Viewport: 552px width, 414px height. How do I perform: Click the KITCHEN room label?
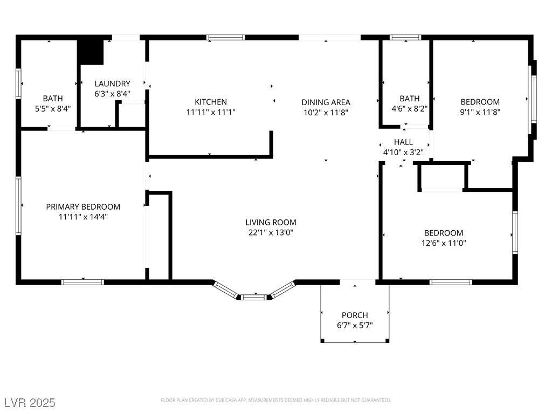pos(211,102)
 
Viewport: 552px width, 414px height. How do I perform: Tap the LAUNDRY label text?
pos(112,84)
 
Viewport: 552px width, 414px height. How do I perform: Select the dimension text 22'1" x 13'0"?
pos(271,232)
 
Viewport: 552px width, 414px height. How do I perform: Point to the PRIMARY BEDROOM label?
pos(83,206)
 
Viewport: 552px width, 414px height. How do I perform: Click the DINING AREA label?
pos(326,102)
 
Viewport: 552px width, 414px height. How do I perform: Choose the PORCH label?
pos(355,315)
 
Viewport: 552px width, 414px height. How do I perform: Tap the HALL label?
pos(403,142)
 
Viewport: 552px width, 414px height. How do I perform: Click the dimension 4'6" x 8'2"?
pos(410,108)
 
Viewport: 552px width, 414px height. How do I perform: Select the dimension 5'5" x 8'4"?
pos(53,108)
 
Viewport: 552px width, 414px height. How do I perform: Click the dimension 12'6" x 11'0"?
pos(444,243)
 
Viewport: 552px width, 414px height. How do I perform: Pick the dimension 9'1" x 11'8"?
pos(480,112)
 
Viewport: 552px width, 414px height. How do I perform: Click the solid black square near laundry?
pos(91,51)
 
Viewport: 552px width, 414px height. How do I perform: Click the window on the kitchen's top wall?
pos(226,38)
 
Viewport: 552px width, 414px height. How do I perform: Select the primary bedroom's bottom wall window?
pos(82,281)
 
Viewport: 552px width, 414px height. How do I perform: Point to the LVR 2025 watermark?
pos(30,403)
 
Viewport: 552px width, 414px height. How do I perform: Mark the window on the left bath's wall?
pos(19,84)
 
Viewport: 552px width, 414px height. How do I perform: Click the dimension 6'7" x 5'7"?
pos(355,325)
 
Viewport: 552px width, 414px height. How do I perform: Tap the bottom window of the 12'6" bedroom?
pos(451,281)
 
